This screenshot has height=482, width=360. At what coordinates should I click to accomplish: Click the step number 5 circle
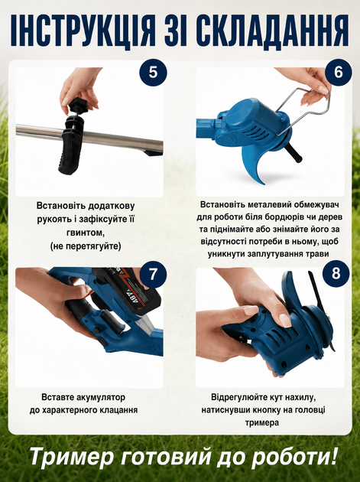(x=153, y=73)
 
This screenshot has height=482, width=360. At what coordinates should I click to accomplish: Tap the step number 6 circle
(x=338, y=73)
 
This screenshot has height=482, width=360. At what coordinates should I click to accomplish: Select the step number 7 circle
(x=153, y=274)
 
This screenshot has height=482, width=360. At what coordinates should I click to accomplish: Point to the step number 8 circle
(x=336, y=274)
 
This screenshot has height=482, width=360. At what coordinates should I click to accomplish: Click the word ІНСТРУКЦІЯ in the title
(x=83, y=30)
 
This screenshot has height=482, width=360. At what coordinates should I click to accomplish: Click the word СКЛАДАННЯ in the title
(x=271, y=30)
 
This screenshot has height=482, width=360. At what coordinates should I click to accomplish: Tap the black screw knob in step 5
(x=77, y=107)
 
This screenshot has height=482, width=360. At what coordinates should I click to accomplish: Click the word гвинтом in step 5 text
(x=86, y=233)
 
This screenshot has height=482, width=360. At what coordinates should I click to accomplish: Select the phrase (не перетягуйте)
(x=86, y=246)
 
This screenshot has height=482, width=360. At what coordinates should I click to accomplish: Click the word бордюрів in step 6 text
(x=284, y=217)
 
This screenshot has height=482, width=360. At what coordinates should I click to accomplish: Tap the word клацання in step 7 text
(x=118, y=410)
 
